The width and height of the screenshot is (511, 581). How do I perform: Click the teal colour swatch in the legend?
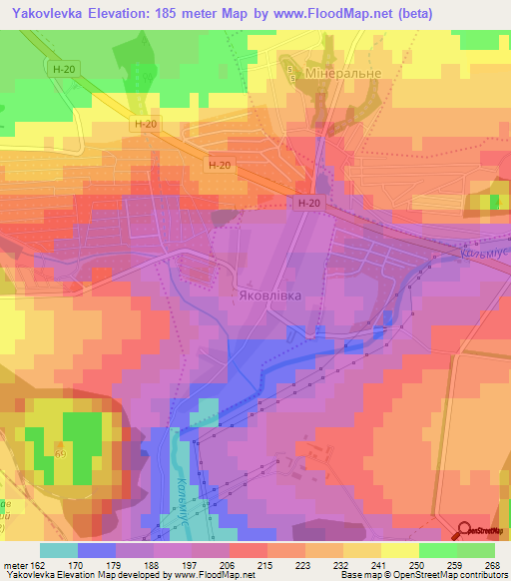pyautogui.click(x=59, y=550)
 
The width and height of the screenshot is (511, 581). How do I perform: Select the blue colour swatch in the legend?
pyautogui.click(x=97, y=550)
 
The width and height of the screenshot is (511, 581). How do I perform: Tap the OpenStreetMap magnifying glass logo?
pyautogui.click(x=466, y=530)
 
